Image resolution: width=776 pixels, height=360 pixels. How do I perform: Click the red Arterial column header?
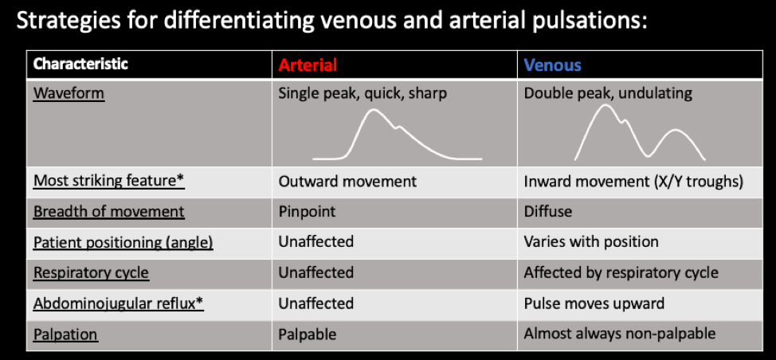click(308, 65)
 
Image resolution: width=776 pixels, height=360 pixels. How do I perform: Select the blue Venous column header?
click(552, 65)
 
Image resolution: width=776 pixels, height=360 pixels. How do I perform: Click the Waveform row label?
click(69, 93)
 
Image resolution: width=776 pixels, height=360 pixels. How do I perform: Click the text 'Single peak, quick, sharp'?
click(363, 93)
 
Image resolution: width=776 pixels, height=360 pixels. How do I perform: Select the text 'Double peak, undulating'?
click(608, 93)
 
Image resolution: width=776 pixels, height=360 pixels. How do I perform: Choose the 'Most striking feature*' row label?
click(109, 181)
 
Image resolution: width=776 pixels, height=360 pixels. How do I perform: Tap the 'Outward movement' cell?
click(347, 182)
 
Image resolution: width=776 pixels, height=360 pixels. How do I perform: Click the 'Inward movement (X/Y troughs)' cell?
click(633, 182)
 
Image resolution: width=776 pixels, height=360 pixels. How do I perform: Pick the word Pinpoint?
click(307, 212)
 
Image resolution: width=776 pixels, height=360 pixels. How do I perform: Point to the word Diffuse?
click(548, 212)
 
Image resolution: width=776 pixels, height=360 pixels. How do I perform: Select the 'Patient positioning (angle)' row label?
click(123, 243)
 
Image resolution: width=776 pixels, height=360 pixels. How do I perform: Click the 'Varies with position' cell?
click(591, 242)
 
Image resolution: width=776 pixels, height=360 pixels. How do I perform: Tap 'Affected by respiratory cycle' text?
click(621, 273)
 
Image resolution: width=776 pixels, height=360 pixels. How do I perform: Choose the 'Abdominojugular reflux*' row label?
click(119, 303)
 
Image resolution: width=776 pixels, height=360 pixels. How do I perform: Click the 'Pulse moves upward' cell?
click(594, 303)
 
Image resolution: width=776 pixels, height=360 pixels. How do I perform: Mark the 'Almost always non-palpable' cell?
click(620, 334)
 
